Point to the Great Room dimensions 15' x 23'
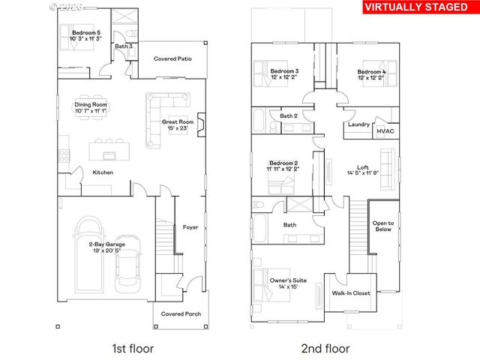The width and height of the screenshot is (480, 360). (x=178, y=129)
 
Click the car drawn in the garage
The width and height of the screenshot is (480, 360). (x=128, y=271)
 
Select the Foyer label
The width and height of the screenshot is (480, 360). (x=190, y=227)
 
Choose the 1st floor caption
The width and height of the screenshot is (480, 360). (x=130, y=349)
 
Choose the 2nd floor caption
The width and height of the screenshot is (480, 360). (x=325, y=349)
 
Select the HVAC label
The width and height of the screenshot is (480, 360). (x=385, y=130)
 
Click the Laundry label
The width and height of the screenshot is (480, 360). (x=358, y=124)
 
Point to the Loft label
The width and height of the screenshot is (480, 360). (x=361, y=168)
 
